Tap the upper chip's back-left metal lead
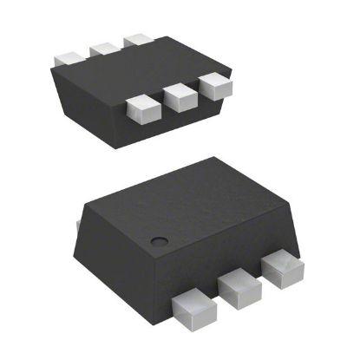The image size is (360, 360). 68,56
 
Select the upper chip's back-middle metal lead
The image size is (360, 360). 104,47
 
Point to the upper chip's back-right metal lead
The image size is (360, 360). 137,40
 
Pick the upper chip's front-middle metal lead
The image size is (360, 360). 180,96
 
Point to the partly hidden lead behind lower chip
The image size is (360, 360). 79,227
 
